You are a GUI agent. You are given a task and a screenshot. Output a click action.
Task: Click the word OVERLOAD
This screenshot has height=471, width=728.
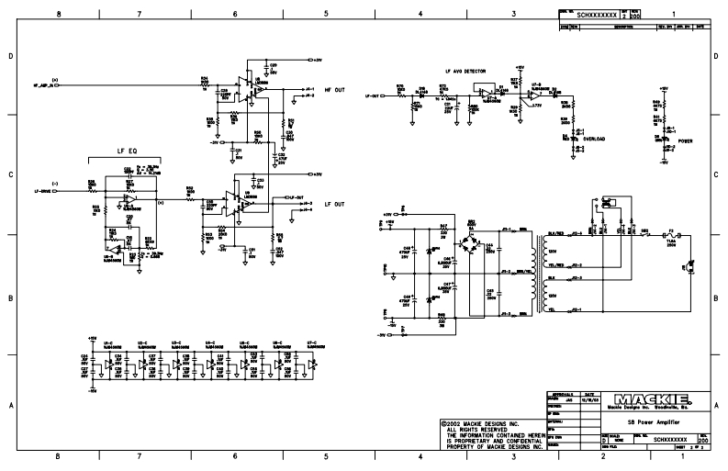point(594,140)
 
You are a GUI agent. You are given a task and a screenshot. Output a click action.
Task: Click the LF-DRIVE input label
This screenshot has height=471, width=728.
point(43,191)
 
